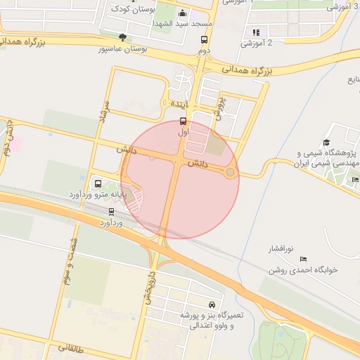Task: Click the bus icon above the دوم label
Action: pyautogui.click(x=204, y=40)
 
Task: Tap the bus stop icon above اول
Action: pyautogui.click(x=184, y=120)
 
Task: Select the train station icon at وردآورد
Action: pyautogui.click(x=111, y=212)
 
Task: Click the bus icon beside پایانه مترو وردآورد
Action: pyautogui.click(x=96, y=181)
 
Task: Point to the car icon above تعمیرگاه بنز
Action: pyautogui.click(x=212, y=304)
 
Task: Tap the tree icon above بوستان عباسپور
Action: pyautogui.click(x=123, y=38)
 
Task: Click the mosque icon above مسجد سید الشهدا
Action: pyautogui.click(x=183, y=13)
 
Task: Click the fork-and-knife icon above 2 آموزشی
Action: pyautogui.click(x=256, y=32)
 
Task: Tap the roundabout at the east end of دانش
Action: pyautogui.click(x=230, y=172)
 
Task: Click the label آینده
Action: pyautogui.click(x=176, y=104)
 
